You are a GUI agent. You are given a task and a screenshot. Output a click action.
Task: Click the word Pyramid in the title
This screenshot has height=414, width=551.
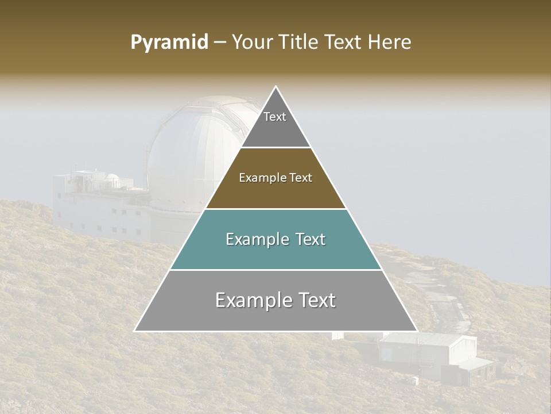169,43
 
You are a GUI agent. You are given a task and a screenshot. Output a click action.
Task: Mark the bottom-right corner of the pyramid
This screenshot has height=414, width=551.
416,331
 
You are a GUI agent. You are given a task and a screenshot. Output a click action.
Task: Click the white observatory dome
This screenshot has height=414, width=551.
189,155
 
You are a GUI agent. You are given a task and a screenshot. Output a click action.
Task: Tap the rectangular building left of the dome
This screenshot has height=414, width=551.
98,207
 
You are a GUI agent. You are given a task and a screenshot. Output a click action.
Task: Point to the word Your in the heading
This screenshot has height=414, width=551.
251,43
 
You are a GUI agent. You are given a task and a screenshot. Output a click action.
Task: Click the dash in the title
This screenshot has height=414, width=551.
219,43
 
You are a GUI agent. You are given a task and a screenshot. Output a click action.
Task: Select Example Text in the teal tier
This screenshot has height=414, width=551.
275,239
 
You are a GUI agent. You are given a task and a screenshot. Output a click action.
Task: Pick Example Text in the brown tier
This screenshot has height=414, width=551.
275,178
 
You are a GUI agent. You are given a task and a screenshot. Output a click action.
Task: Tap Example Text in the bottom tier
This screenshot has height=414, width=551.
275,300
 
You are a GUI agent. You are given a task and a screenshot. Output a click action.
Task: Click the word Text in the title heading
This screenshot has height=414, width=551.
344,43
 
